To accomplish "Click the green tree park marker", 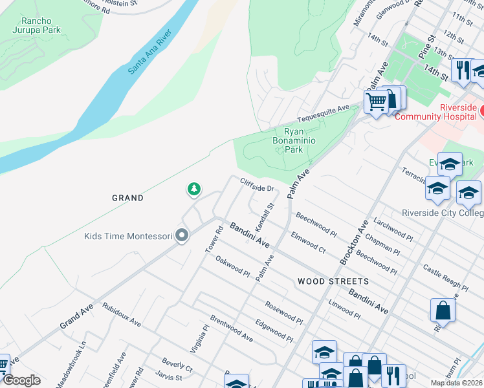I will [x=193, y=189].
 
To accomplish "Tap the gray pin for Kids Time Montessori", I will [x=182, y=236].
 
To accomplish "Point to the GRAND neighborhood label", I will [x=127, y=198].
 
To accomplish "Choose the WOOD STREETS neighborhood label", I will [x=333, y=281].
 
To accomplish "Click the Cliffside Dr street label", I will [x=258, y=186].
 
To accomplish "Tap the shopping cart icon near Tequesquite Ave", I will [x=376, y=102].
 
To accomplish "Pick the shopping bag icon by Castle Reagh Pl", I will [x=443, y=310].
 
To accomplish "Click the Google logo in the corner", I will [x=21, y=380].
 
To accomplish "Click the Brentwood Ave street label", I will [x=231, y=329].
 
